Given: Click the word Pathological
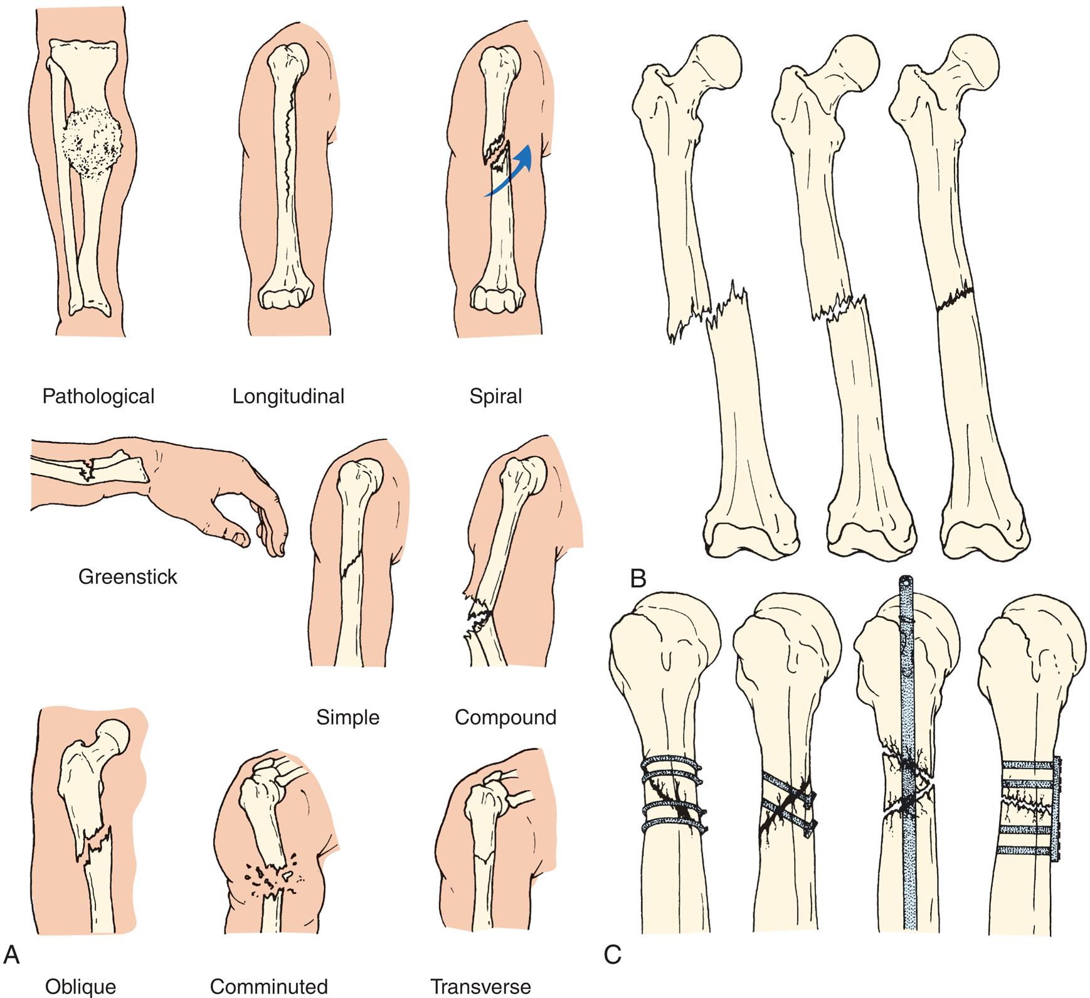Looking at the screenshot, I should point(98,396).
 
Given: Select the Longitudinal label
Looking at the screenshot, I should point(288,396).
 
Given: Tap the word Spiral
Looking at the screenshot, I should point(495,396).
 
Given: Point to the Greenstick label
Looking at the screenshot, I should point(127,576).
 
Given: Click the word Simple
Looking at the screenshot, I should point(347,717).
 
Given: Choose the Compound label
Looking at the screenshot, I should point(505,717).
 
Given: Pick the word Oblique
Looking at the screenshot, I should point(80,986).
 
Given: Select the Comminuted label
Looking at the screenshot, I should point(268,986).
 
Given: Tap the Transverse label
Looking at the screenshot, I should point(480,986).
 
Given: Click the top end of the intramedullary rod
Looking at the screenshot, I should point(905,582).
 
